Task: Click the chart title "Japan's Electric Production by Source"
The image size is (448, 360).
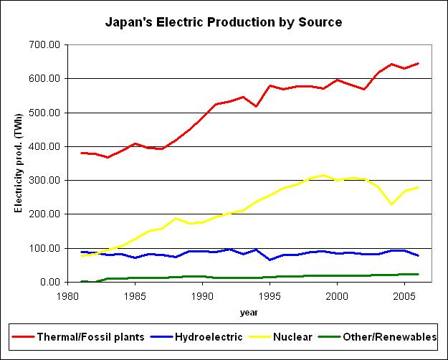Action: click(224, 22)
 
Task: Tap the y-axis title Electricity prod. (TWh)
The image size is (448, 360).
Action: click(19, 163)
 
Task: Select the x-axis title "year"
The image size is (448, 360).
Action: click(249, 313)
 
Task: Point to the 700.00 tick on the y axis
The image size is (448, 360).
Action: click(44, 44)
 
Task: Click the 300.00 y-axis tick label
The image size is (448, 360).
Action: click(44, 180)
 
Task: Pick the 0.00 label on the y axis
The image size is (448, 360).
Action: click(49, 282)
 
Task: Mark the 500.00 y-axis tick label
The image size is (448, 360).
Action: click(44, 113)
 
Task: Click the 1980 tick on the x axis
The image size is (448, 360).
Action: click(68, 295)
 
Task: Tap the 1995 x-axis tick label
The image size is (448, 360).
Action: click(270, 295)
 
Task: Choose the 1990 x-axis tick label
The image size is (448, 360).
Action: click(203, 295)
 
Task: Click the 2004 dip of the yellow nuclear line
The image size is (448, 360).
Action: click(391, 204)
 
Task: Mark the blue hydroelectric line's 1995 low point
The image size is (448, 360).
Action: click(270, 260)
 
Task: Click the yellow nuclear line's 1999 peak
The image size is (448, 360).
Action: click(324, 175)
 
